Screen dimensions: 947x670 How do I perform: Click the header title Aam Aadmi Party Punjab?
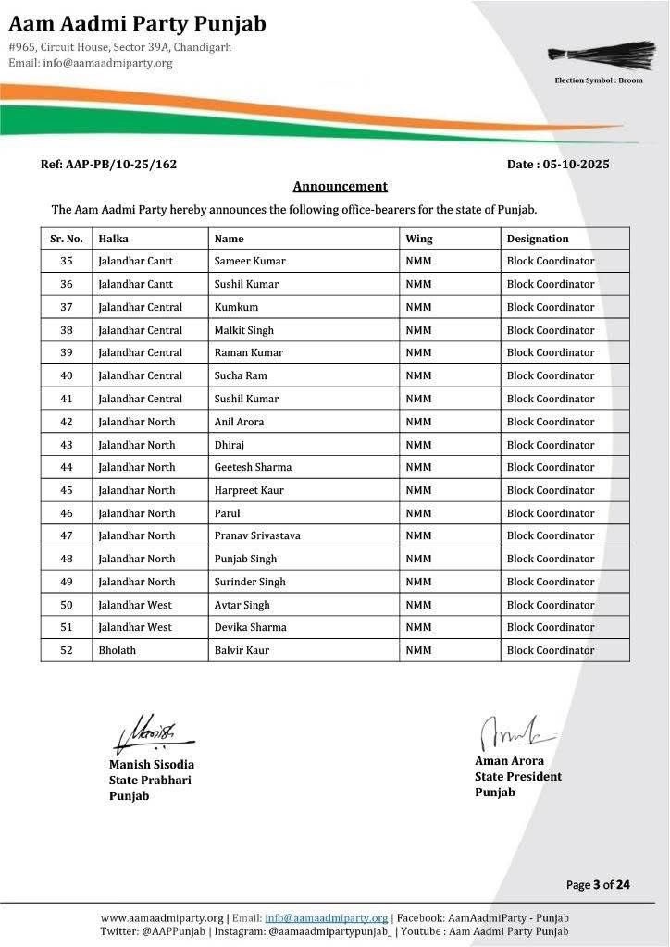[137, 24]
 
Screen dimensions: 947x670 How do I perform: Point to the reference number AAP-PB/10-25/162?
[108, 165]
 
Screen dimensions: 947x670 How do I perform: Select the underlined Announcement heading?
[340, 186]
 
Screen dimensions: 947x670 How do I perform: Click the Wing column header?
[419, 239]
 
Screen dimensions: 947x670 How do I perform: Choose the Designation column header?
[538, 239]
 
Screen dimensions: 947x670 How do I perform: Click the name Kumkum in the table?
[236, 307]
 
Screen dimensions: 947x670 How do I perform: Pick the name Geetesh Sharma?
[250, 467]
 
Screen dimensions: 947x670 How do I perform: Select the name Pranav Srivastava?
[257, 535]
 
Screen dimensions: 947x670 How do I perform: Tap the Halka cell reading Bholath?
[118, 650]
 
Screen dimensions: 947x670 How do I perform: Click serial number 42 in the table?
[67, 422]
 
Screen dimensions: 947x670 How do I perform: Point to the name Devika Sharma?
[250, 627]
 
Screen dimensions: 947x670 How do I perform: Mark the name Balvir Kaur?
[242, 650]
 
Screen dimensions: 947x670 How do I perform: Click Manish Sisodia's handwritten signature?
[152, 732]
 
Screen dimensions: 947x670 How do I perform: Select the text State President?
[518, 777]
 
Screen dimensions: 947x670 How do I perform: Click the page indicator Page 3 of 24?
[598, 885]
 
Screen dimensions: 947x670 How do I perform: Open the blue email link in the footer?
[326, 917]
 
